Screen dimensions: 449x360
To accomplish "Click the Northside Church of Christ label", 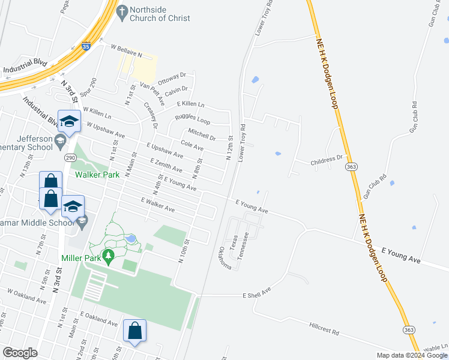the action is (x=160, y=14).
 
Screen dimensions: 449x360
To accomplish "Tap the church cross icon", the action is (x=122, y=12).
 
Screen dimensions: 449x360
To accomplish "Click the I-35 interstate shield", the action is (x=86, y=44).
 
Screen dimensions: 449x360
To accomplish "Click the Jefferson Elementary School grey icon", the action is (x=59, y=142).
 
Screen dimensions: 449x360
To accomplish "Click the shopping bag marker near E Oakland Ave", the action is (x=134, y=331).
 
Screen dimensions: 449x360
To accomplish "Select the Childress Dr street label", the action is (x=326, y=161).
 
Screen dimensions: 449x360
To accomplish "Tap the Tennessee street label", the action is (x=244, y=245).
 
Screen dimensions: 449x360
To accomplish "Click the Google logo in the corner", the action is (x=20, y=353).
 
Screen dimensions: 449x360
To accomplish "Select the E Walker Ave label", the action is (x=157, y=205).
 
